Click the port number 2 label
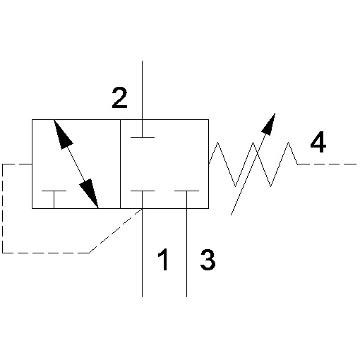(119, 98)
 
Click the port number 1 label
(163, 260)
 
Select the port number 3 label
(208, 260)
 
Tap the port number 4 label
(318, 142)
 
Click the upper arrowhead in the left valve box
(61, 135)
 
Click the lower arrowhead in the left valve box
(90, 193)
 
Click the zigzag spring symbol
(253, 164)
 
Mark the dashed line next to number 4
(327, 164)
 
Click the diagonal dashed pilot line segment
(115, 231)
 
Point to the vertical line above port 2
(142, 90)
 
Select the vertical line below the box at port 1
(142, 253)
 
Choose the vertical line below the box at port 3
(187, 253)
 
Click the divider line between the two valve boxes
(120, 164)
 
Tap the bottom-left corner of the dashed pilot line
(3, 253)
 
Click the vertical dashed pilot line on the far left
(3, 208)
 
